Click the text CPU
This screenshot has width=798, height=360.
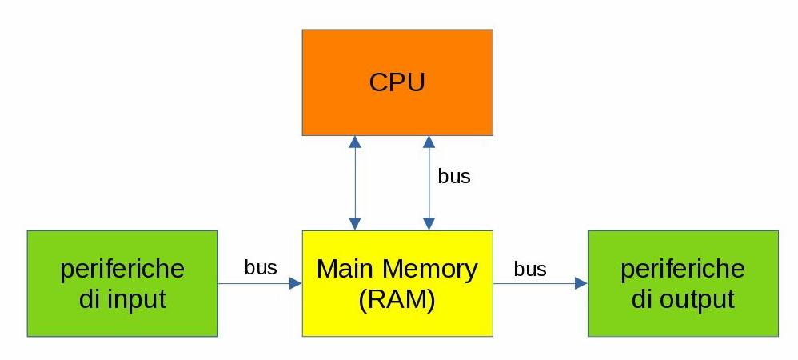click(x=397, y=82)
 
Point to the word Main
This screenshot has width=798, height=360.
click(x=345, y=269)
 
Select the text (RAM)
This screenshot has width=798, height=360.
click(x=397, y=299)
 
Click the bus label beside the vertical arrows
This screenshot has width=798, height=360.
click(x=454, y=177)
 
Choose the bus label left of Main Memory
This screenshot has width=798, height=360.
click(x=261, y=267)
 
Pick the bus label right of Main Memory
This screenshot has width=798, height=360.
click(x=530, y=269)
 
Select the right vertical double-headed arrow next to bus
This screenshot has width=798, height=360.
click(x=429, y=183)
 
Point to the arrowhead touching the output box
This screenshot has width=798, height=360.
click(x=581, y=283)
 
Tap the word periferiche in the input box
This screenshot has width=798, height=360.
click(x=122, y=269)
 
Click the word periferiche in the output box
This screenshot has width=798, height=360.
click(x=683, y=269)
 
